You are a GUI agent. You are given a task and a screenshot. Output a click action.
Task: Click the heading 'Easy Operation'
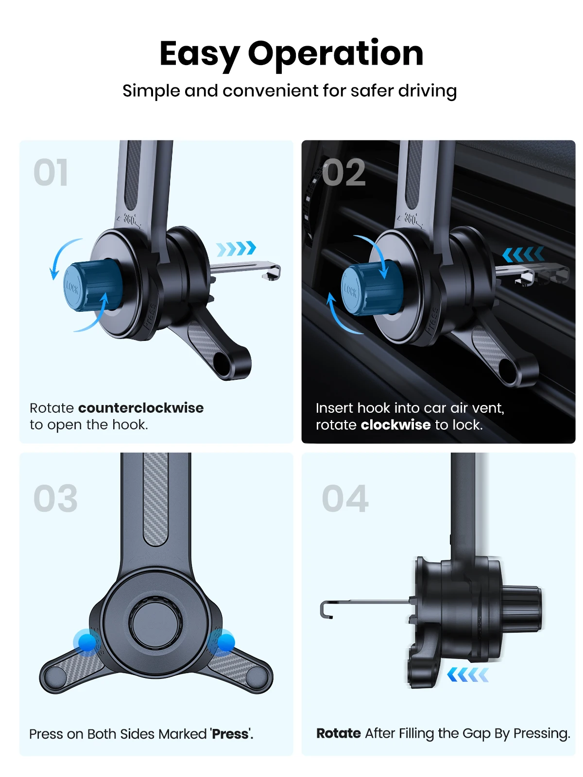pyautogui.click(x=291, y=54)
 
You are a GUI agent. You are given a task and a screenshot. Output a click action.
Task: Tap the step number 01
pyautogui.click(x=51, y=172)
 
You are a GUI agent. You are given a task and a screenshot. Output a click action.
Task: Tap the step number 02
pyautogui.click(x=343, y=172)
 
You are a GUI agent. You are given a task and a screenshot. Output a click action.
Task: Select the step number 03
pyautogui.click(x=55, y=498)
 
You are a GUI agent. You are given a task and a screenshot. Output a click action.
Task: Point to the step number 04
pyautogui.click(x=345, y=498)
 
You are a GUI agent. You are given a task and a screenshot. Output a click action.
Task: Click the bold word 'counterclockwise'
pyautogui.click(x=141, y=408)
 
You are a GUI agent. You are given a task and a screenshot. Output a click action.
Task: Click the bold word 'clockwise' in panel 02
pyautogui.click(x=395, y=424)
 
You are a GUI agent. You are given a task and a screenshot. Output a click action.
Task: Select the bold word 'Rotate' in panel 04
pyautogui.click(x=339, y=733)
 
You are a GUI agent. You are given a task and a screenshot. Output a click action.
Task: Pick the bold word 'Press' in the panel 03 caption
pyautogui.click(x=230, y=734)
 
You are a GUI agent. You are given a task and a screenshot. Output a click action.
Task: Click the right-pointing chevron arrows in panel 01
pyautogui.click(x=236, y=248)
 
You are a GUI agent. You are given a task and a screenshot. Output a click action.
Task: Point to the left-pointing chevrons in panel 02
pyautogui.click(x=523, y=254)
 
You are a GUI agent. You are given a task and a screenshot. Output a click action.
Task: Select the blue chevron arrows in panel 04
pyautogui.click(x=468, y=675)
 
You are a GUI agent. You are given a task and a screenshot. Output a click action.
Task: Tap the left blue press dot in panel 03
pyautogui.click(x=87, y=642)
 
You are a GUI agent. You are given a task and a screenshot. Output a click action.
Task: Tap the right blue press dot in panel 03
pyautogui.click(x=225, y=642)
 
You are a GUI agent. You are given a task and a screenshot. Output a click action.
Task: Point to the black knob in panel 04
pyautogui.click(x=521, y=608)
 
